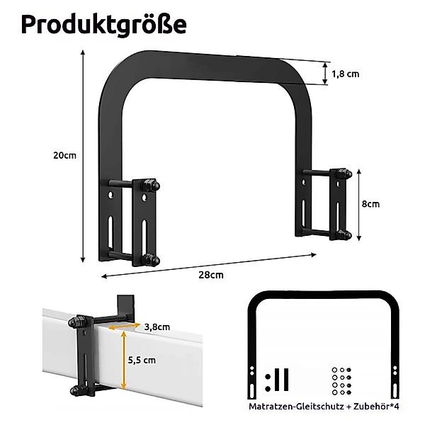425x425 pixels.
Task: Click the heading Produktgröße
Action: coord(103,24)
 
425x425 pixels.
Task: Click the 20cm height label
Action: coord(65,156)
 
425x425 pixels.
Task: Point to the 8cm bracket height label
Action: coord(370,204)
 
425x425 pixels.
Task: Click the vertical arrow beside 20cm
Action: coord(84,156)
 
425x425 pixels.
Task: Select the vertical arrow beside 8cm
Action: coord(360,204)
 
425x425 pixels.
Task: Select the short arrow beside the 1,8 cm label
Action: coord(327,73)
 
